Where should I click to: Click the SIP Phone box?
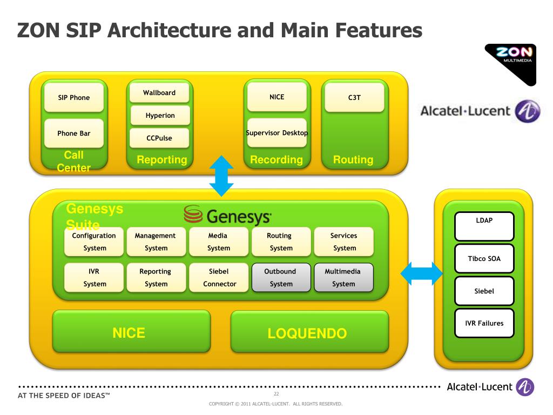[x=74, y=98]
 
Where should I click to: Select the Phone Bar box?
[x=74, y=133]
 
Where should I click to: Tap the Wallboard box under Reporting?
[x=159, y=93]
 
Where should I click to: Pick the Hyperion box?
[x=160, y=116]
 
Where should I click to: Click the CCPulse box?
[x=159, y=138]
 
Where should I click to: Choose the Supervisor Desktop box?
[x=277, y=133]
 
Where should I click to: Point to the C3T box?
[x=354, y=98]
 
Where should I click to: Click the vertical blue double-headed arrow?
[x=221, y=176]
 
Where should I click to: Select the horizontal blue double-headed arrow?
[x=421, y=273]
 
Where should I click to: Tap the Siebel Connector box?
[x=219, y=278]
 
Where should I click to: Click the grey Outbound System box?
[x=281, y=278]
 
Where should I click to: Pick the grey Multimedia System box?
[x=343, y=278]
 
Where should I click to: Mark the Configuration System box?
[x=95, y=242]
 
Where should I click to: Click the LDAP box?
[x=484, y=226]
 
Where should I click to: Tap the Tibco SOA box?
[x=484, y=259]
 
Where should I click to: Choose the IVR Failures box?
[x=484, y=323]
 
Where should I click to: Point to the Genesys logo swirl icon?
[x=193, y=215]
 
